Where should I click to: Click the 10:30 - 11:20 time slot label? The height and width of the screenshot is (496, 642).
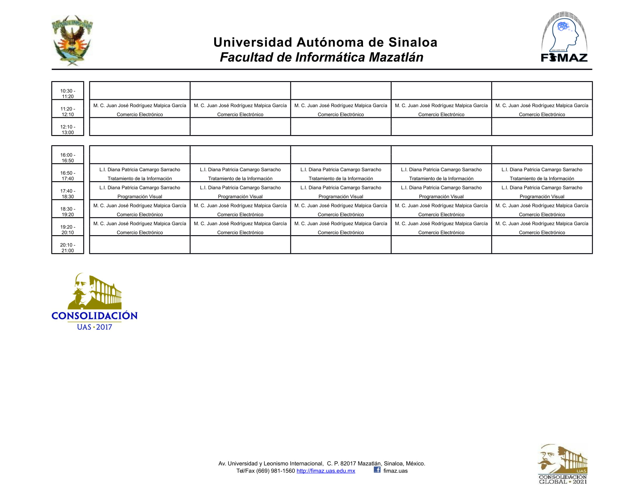(68, 93)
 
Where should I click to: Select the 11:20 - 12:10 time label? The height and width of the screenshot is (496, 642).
(68, 111)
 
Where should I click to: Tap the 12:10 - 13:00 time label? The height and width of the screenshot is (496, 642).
(68, 130)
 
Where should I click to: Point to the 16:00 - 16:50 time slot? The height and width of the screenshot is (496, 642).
(68, 158)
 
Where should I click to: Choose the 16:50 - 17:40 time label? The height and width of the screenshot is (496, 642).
(68, 176)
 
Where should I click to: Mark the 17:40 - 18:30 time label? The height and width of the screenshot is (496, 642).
(68, 194)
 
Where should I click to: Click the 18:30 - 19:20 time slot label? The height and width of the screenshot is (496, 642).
(68, 212)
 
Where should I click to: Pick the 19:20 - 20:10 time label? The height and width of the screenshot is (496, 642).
(68, 230)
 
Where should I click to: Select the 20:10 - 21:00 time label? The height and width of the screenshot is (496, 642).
(68, 247)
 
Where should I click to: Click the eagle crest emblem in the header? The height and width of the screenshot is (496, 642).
(72, 40)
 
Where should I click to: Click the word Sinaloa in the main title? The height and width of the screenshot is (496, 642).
(413, 42)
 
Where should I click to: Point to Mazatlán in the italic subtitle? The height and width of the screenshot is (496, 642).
(396, 57)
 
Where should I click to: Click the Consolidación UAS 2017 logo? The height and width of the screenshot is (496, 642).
(94, 301)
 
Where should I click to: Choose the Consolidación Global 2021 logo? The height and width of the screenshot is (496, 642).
(563, 464)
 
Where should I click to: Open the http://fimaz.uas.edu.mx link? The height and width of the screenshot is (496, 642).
(326, 471)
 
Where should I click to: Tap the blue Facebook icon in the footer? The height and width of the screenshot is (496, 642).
(377, 470)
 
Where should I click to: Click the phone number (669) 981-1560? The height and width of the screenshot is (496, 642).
(275, 471)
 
